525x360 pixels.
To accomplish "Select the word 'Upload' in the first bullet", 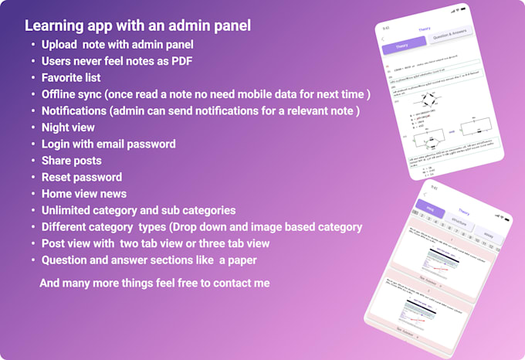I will point(60,45).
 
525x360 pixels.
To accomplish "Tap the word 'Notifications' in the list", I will point(74,111).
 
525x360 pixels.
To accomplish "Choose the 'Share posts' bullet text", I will point(72,161).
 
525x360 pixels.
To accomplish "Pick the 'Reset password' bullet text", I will point(82,177).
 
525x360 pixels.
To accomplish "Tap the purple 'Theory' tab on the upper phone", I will point(402,47).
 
